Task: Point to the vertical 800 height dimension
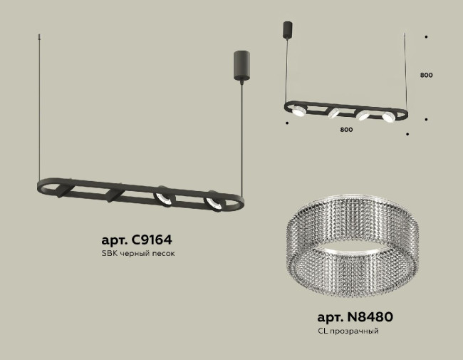(x=426, y=75)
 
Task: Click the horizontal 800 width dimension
(x=346, y=130)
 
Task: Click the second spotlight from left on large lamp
(x=114, y=195)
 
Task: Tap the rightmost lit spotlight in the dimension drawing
(x=387, y=116)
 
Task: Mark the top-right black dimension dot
(x=426, y=36)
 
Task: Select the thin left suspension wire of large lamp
(x=36, y=107)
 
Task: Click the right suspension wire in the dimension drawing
(x=407, y=71)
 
